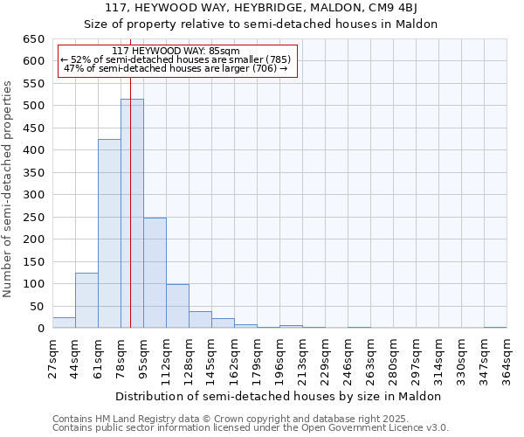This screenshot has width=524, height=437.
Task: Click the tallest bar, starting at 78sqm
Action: pyautogui.click(x=132, y=214)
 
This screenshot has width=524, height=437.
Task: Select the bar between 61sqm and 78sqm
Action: pyautogui.click(x=109, y=234)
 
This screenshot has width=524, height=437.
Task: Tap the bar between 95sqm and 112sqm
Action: pyautogui.click(x=155, y=273)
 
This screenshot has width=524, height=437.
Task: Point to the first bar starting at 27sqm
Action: pyautogui.click(x=64, y=323)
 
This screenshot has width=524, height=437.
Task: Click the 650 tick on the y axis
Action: pyautogui.click(x=33, y=39)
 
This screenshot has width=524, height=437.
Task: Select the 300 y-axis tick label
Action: pyautogui.click(x=33, y=195)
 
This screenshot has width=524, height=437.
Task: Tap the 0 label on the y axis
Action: pyautogui.click(x=40, y=329)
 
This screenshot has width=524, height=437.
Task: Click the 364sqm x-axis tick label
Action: pyautogui.click(x=507, y=359)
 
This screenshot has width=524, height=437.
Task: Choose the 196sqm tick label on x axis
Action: pyautogui.click(x=279, y=359)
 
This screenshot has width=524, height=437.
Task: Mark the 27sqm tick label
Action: pyautogui.click(x=52, y=359)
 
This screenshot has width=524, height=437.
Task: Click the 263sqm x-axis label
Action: pyautogui.click(x=370, y=359)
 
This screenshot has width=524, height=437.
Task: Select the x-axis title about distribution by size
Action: pyautogui.click(x=279, y=396)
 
